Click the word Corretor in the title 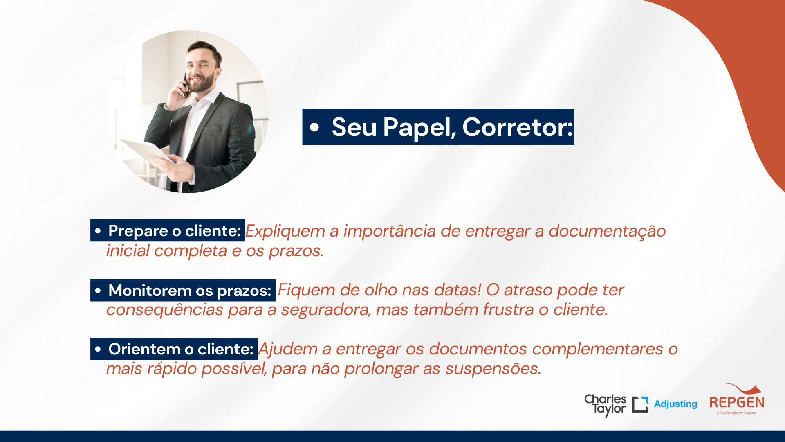pyautogui.click(x=517, y=127)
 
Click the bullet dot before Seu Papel pyautogui.click(x=314, y=127)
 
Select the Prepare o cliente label pyautogui.click(x=168, y=231)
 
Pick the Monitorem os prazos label pyautogui.click(x=183, y=290)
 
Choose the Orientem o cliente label pyautogui.click(x=174, y=349)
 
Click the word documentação pyautogui.click(x=607, y=232)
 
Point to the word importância pyautogui.click(x=389, y=232)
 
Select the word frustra pyautogui.click(x=509, y=310)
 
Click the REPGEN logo pyautogui.click(x=737, y=399)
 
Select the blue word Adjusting pyautogui.click(x=675, y=404)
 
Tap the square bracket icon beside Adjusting pyautogui.click(x=640, y=404)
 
